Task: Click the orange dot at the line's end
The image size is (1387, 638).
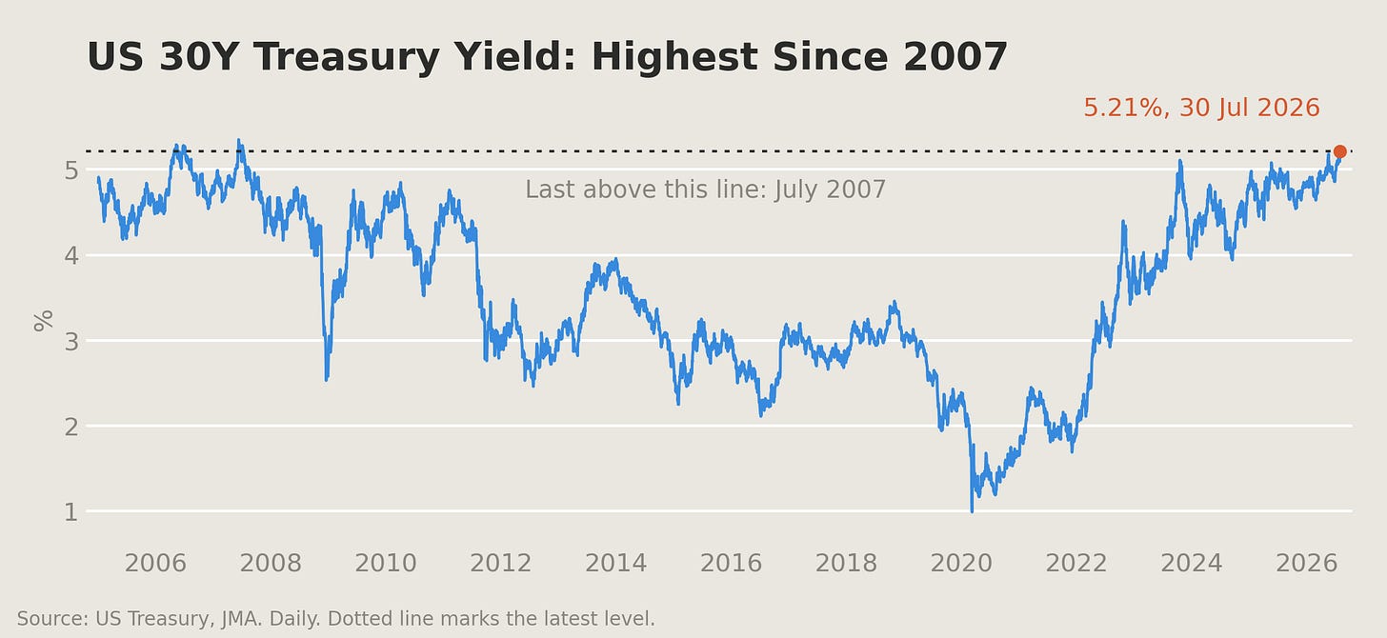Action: [1340, 151]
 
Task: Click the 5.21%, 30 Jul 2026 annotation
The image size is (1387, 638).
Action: [1201, 108]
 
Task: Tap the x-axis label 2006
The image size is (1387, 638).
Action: [155, 563]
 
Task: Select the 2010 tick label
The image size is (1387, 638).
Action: [386, 563]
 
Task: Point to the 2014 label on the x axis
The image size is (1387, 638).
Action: [616, 563]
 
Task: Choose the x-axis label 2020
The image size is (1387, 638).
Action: [961, 563]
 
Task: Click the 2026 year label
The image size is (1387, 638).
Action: [1307, 563]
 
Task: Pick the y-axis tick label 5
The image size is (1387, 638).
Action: [71, 170]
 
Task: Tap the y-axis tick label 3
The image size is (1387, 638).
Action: [71, 341]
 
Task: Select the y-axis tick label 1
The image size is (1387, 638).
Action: [71, 511]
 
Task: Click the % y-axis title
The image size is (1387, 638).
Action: [44, 321]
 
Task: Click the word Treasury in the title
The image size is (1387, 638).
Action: [347, 57]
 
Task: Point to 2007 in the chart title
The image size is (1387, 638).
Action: [955, 57]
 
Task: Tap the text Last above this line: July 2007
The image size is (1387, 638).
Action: [705, 189]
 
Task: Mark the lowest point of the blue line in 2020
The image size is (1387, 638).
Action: [972, 511]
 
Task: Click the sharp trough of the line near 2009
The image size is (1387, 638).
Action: [327, 379]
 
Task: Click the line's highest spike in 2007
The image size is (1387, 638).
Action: [239, 141]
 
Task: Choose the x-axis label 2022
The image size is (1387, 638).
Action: [1076, 563]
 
